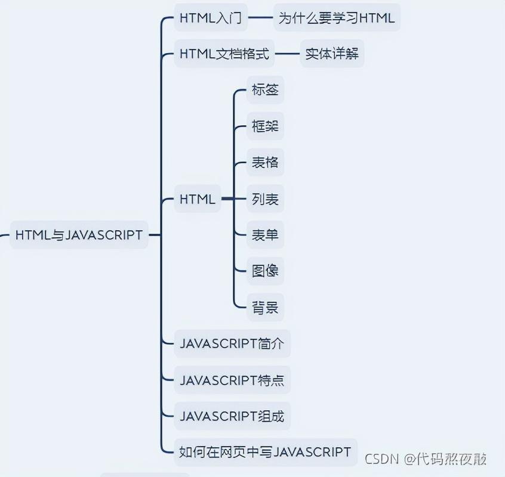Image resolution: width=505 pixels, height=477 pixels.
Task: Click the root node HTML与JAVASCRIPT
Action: pos(79,235)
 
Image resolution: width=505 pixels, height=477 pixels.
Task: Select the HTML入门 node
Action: pos(210,18)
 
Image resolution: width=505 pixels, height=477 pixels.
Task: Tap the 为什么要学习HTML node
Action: pos(337,18)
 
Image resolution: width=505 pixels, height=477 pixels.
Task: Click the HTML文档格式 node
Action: pos(224,54)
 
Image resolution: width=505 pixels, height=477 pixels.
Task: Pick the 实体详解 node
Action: pos(332,54)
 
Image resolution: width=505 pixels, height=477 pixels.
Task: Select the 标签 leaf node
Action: pos(265,91)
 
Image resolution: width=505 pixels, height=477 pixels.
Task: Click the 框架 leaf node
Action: pos(265,127)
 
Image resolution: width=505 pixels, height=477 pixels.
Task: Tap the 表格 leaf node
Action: pos(265,163)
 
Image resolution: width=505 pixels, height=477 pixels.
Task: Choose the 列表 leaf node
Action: pos(265,199)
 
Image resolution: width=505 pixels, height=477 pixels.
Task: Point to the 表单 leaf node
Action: pos(265,235)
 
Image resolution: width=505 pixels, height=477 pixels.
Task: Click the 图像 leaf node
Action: pos(265,271)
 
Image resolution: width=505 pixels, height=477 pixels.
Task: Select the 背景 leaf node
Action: pos(265,308)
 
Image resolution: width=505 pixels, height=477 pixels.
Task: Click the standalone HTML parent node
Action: pos(198,200)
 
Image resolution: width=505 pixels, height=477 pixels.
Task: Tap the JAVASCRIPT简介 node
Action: pos(232,343)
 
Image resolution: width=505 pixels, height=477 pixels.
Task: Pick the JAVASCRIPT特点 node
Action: pos(232,380)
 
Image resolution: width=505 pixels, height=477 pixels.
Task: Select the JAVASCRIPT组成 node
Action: pos(232,416)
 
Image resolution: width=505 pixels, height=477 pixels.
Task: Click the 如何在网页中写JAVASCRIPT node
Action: pos(265,452)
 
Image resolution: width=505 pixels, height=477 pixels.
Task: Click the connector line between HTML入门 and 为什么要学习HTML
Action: pos(260,18)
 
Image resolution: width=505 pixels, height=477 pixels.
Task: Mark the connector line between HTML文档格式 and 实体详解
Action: pos(287,54)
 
